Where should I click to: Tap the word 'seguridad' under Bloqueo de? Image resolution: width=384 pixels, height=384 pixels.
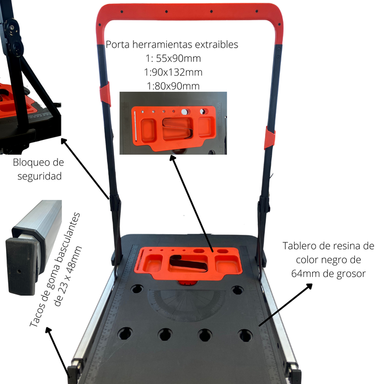[x=39, y=176]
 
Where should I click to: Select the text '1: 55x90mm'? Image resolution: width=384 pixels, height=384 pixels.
[x=173, y=59]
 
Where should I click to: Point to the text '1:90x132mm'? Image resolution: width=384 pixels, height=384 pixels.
[x=173, y=72]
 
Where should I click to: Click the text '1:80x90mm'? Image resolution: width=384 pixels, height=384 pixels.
[x=173, y=86]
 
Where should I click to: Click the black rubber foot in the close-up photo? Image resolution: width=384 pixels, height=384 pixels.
[x=22, y=266]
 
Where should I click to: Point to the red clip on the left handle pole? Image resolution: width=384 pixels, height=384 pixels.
[x=105, y=94]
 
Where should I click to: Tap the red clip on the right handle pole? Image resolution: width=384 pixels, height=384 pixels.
[x=270, y=138]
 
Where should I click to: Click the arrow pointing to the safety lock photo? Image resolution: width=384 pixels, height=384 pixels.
[x=85, y=169]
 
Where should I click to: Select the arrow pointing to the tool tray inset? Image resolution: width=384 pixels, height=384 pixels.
[x=191, y=204]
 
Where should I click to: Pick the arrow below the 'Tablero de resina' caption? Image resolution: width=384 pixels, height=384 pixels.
[x=286, y=305]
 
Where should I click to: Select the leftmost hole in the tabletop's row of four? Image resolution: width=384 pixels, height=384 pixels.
[x=125, y=334]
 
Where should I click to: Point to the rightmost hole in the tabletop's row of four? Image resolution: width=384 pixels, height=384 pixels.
[x=245, y=335]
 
